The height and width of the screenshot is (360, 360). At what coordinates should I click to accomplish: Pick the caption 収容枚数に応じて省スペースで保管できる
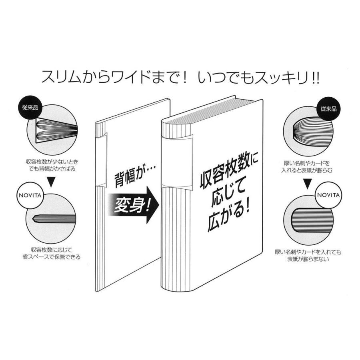click(x=52, y=252)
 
